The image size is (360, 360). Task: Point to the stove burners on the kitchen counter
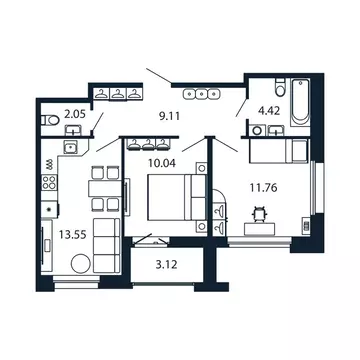coord(47,164)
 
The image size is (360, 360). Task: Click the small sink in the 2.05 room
coord(71,148)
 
